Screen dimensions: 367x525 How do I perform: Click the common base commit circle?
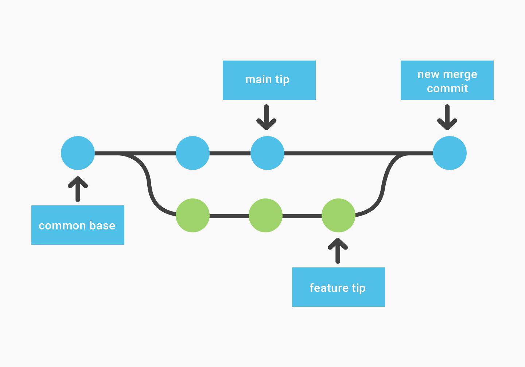(78, 153)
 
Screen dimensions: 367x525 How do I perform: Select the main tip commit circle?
(267, 153)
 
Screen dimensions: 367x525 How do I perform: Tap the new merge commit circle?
(450, 153)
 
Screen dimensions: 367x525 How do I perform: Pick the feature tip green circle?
(338, 215)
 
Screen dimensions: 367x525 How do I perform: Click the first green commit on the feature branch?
(192, 215)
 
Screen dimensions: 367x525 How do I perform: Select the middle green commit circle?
(265, 215)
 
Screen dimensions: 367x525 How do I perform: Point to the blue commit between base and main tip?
(192, 153)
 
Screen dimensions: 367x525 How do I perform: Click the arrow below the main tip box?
(267, 118)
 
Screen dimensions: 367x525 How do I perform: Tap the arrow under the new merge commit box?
(447, 118)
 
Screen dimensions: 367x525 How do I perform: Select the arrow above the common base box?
(78, 189)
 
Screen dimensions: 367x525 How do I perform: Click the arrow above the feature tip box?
(338, 251)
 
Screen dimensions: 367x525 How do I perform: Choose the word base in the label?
(102, 226)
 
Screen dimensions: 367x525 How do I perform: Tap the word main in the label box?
(258, 80)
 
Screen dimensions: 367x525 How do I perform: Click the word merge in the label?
(460, 75)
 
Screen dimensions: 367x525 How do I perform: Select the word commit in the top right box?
(447, 89)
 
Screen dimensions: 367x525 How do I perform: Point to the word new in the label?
(428, 74)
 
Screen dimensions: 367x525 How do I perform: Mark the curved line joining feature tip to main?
(383, 186)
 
